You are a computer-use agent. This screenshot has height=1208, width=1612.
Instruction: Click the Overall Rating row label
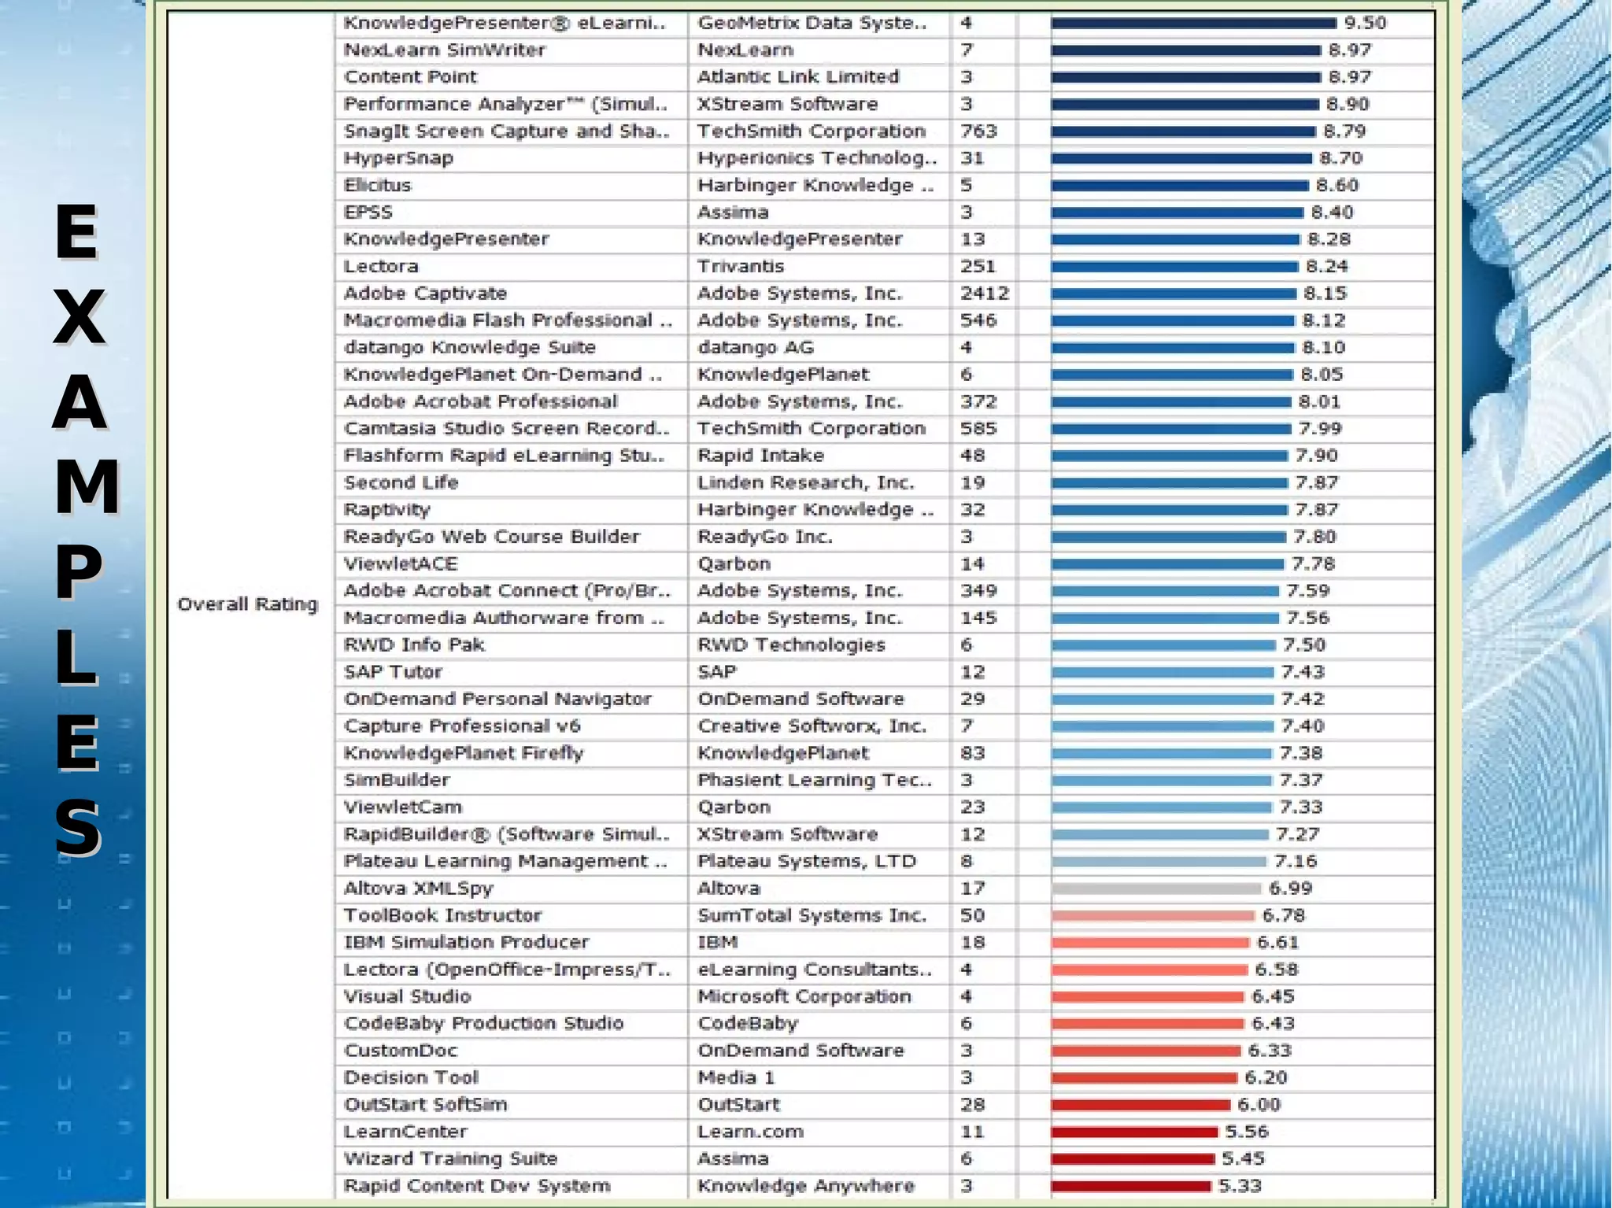coord(247,604)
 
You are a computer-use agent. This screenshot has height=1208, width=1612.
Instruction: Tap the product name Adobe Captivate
coord(425,294)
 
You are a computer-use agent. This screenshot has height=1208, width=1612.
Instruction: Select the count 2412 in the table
coord(984,294)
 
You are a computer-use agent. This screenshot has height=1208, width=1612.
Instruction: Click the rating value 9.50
coord(1365,23)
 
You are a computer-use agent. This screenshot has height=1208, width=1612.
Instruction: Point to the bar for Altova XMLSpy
coord(1155,888)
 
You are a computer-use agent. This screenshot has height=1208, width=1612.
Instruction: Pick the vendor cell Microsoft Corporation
coord(804,996)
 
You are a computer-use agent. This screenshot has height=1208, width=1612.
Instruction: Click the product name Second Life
coord(401,482)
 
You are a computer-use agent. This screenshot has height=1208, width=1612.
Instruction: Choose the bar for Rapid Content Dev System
coord(1130,1186)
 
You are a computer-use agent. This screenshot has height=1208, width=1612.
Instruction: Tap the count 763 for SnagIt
coord(978,131)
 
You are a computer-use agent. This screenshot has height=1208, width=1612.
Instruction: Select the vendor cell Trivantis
coord(740,267)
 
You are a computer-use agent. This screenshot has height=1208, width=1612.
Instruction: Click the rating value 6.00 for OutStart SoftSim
coord(1259,1105)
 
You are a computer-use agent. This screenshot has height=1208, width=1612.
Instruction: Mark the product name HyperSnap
coord(398,158)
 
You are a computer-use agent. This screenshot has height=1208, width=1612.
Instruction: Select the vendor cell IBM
coord(717,943)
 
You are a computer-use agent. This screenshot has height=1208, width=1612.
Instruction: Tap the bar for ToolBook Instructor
coord(1152,915)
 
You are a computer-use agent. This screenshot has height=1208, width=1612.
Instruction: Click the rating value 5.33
coord(1240,1186)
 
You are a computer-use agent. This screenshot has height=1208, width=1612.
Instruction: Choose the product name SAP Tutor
coord(393,672)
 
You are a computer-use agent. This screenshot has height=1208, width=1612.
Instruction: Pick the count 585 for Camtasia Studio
coord(978,429)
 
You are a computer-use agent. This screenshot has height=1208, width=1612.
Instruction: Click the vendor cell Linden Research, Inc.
coord(805,482)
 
